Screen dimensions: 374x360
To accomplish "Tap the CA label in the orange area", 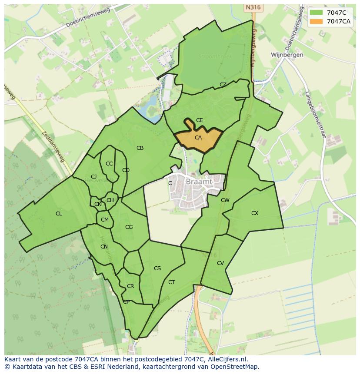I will pyautogui.click(x=198, y=138).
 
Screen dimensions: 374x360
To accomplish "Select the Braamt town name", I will pyautogui.click(x=199, y=182).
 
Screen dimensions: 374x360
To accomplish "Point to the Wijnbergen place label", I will pyautogui.click(x=287, y=55).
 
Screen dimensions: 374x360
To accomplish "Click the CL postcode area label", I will pyautogui.click(x=59, y=214).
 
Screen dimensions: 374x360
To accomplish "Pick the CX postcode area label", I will pyautogui.click(x=255, y=213).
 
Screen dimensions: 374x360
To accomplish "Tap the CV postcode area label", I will pyautogui.click(x=220, y=263).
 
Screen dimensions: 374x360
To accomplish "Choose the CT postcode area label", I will pyautogui.click(x=172, y=282).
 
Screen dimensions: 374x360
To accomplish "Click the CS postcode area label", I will pyautogui.click(x=157, y=268).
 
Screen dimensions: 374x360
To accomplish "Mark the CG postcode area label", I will pyautogui.click(x=129, y=227).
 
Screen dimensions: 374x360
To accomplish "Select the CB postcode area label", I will pyautogui.click(x=140, y=148).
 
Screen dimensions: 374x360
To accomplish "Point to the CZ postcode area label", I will pyautogui.click(x=223, y=85).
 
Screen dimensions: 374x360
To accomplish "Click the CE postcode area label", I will pyautogui.click(x=200, y=120).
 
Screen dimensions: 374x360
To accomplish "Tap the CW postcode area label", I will pyautogui.click(x=225, y=200).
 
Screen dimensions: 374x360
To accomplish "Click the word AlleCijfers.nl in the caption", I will pyautogui.click(x=226, y=359).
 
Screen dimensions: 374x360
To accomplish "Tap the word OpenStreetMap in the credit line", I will pyautogui.click(x=237, y=367).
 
